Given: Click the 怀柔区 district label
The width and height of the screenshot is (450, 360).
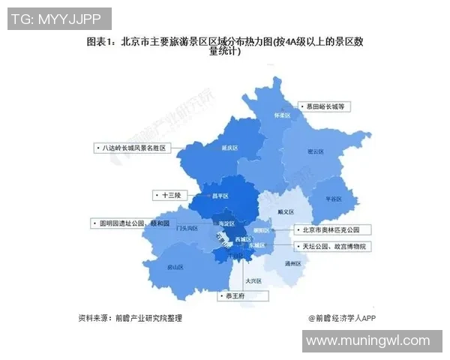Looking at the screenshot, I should [x=282, y=115].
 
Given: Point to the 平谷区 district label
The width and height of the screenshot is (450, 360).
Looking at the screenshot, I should [x=333, y=198].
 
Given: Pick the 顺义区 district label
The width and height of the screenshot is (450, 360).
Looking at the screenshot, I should [x=286, y=212].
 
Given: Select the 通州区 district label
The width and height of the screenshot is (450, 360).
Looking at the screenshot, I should [x=292, y=264].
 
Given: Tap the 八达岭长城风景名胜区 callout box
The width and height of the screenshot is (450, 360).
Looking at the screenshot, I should [x=133, y=148].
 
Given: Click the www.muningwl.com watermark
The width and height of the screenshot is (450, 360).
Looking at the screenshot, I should [x=367, y=341].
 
